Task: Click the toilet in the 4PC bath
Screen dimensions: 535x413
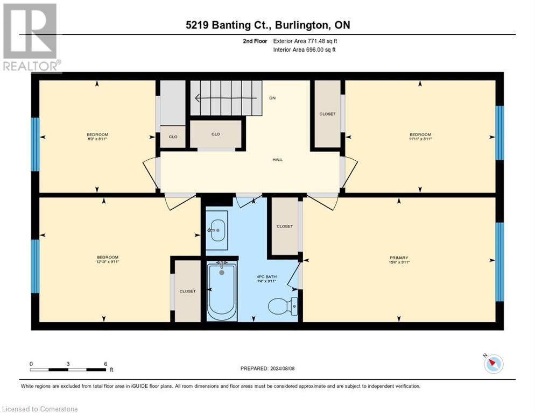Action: (x=283, y=305)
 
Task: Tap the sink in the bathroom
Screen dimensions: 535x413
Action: (x=216, y=230)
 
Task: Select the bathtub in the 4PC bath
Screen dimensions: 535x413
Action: (x=222, y=291)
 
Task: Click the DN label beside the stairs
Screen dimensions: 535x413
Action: (x=272, y=98)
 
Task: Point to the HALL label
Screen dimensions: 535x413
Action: (x=277, y=160)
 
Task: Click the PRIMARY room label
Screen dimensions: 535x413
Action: (x=399, y=258)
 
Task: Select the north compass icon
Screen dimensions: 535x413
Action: (x=493, y=363)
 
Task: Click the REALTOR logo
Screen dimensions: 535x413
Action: (x=31, y=38)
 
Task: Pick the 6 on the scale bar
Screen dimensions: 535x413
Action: (x=106, y=364)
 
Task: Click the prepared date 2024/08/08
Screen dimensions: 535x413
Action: (x=282, y=369)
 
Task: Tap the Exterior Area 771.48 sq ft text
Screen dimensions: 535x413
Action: (x=305, y=41)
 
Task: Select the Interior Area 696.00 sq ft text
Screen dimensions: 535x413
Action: (x=304, y=50)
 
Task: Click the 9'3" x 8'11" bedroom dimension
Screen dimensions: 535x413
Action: (x=97, y=139)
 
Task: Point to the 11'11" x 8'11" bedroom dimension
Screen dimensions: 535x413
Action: (x=420, y=139)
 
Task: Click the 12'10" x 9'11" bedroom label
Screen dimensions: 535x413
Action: (x=108, y=260)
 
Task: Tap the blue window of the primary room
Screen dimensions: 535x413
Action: (x=499, y=262)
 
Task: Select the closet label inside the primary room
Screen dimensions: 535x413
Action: (x=285, y=226)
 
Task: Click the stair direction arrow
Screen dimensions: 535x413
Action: (x=226, y=98)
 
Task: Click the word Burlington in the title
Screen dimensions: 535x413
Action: (x=302, y=25)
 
